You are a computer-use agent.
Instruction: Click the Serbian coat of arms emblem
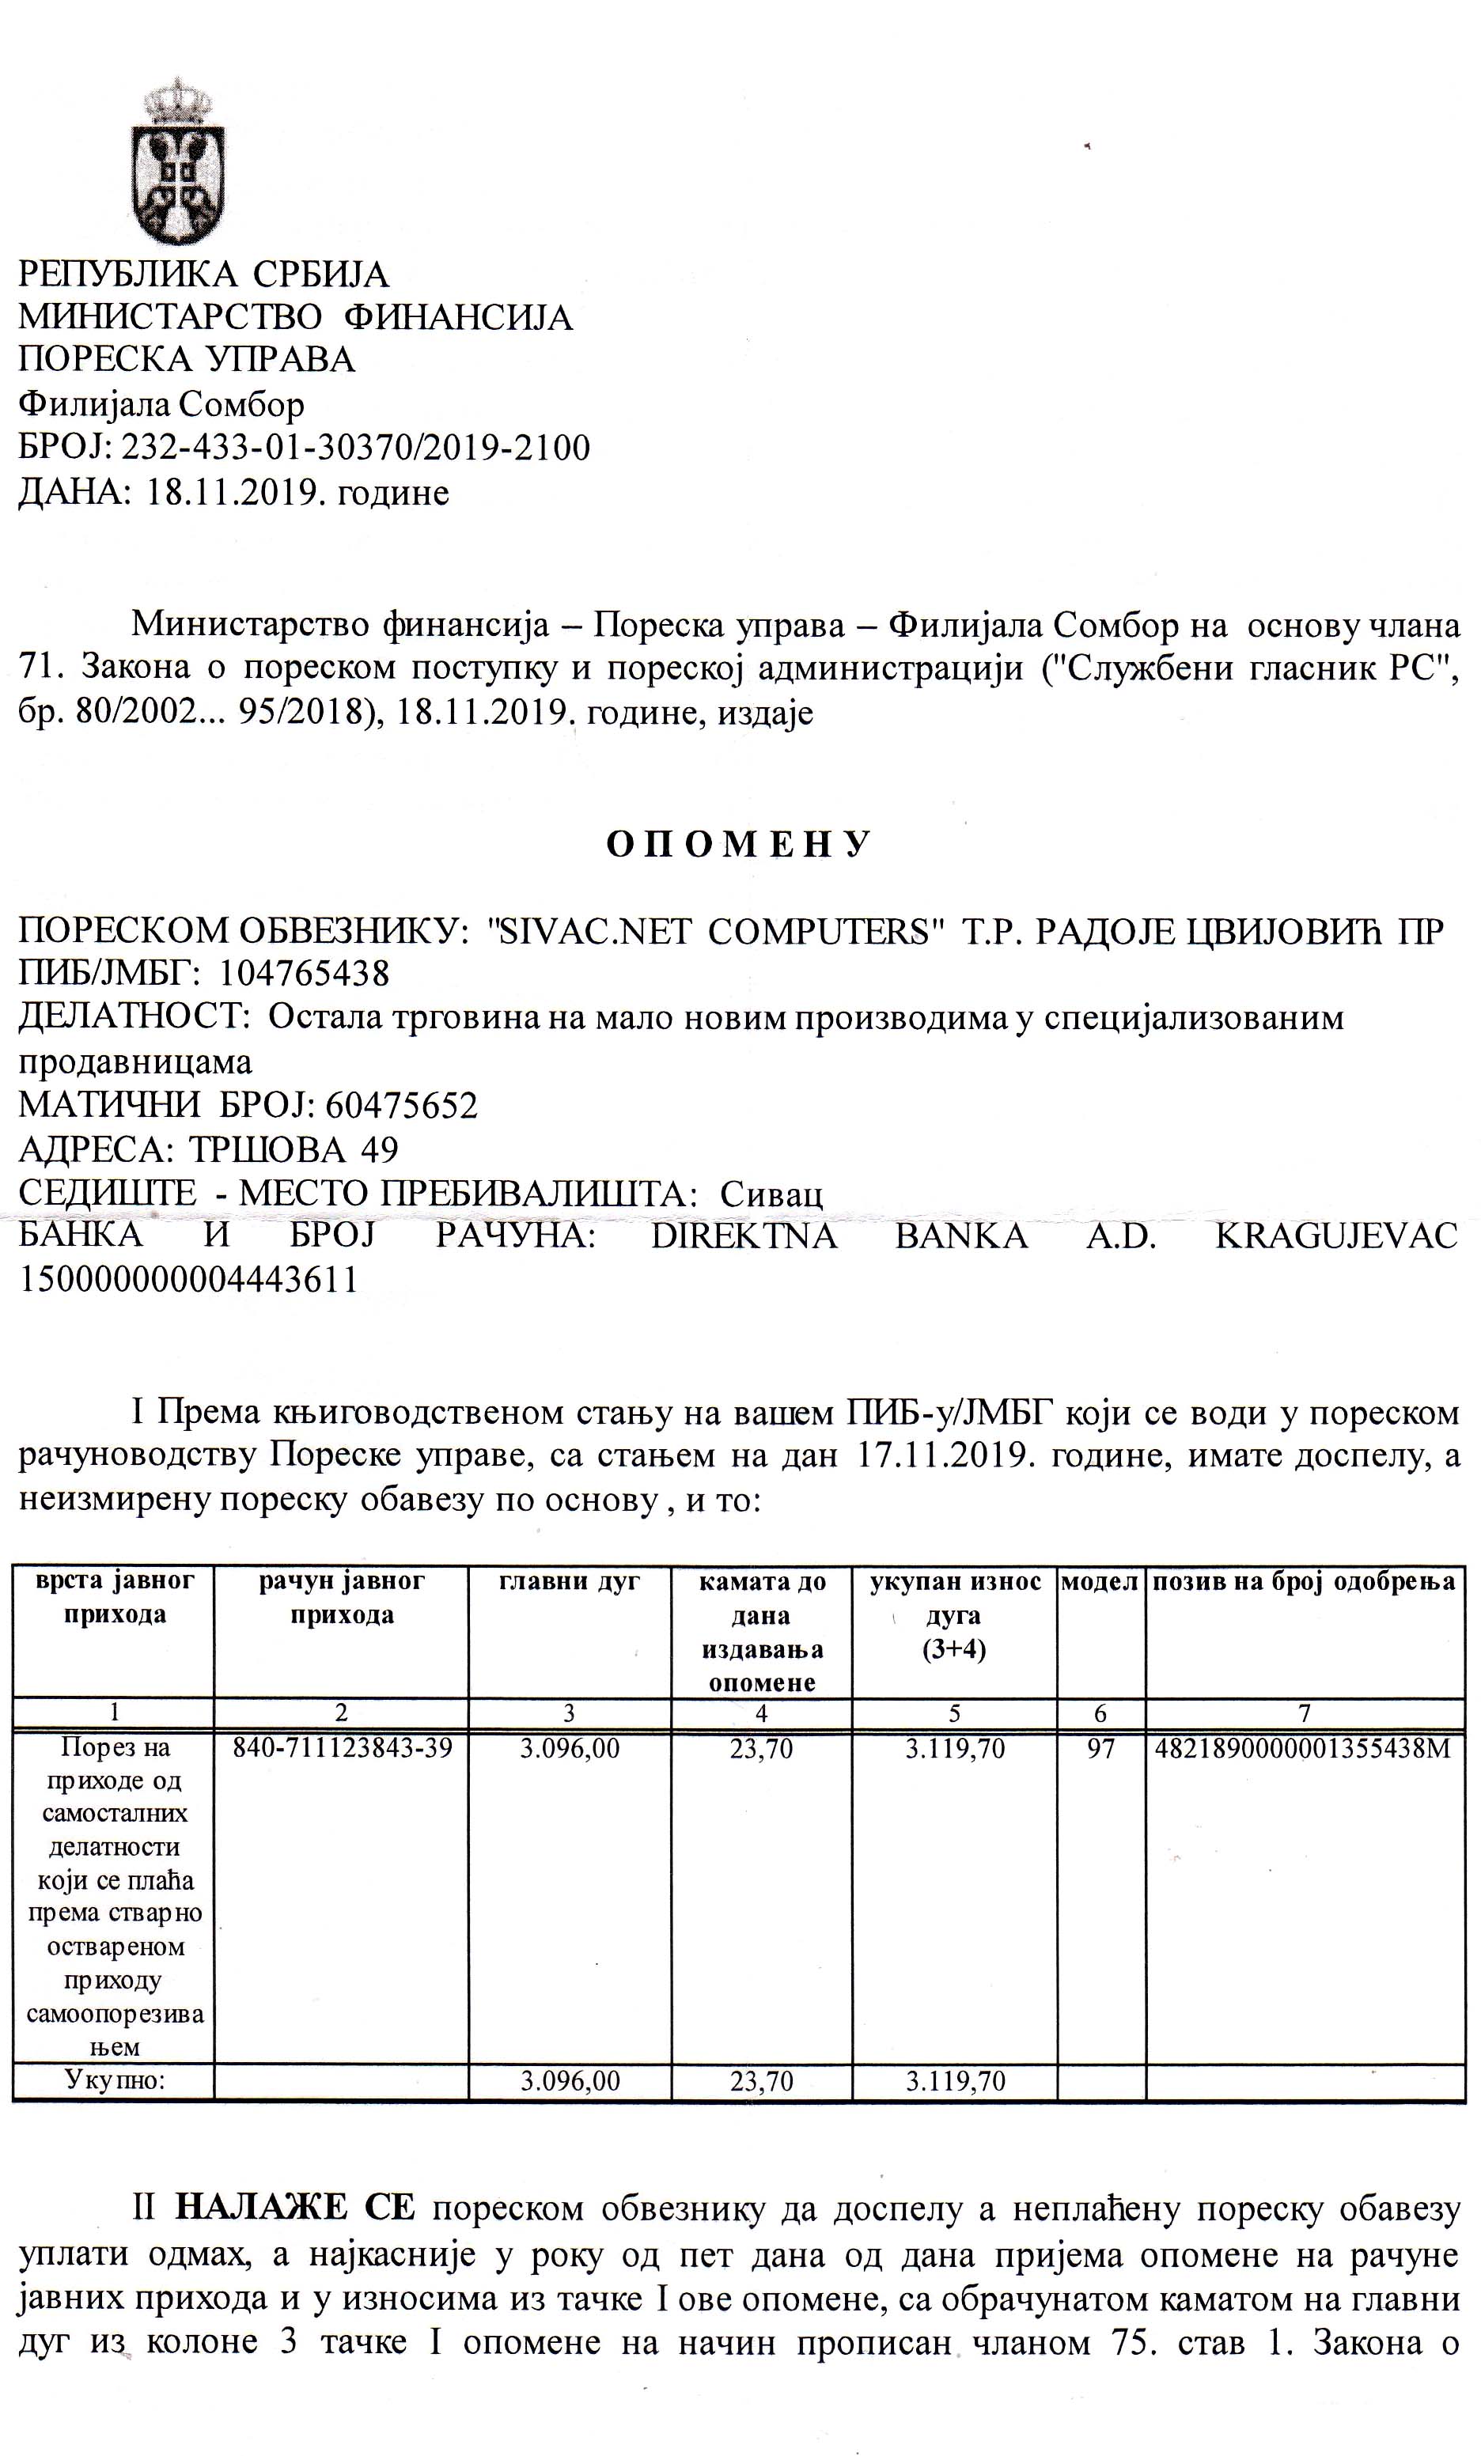click(x=177, y=161)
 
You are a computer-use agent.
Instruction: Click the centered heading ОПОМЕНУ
click(x=740, y=844)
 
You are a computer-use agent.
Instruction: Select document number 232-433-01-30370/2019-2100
click(x=354, y=448)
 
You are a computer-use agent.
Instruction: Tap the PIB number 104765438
click(x=303, y=973)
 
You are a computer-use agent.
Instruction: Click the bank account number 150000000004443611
click(x=188, y=1280)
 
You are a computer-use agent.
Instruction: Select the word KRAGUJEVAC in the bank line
click(x=1335, y=1236)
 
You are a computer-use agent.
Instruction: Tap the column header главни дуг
click(x=569, y=1582)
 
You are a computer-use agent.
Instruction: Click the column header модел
click(x=1100, y=1582)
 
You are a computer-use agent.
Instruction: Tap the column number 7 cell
click(x=1304, y=1713)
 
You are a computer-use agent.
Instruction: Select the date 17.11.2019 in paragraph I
click(x=943, y=1456)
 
